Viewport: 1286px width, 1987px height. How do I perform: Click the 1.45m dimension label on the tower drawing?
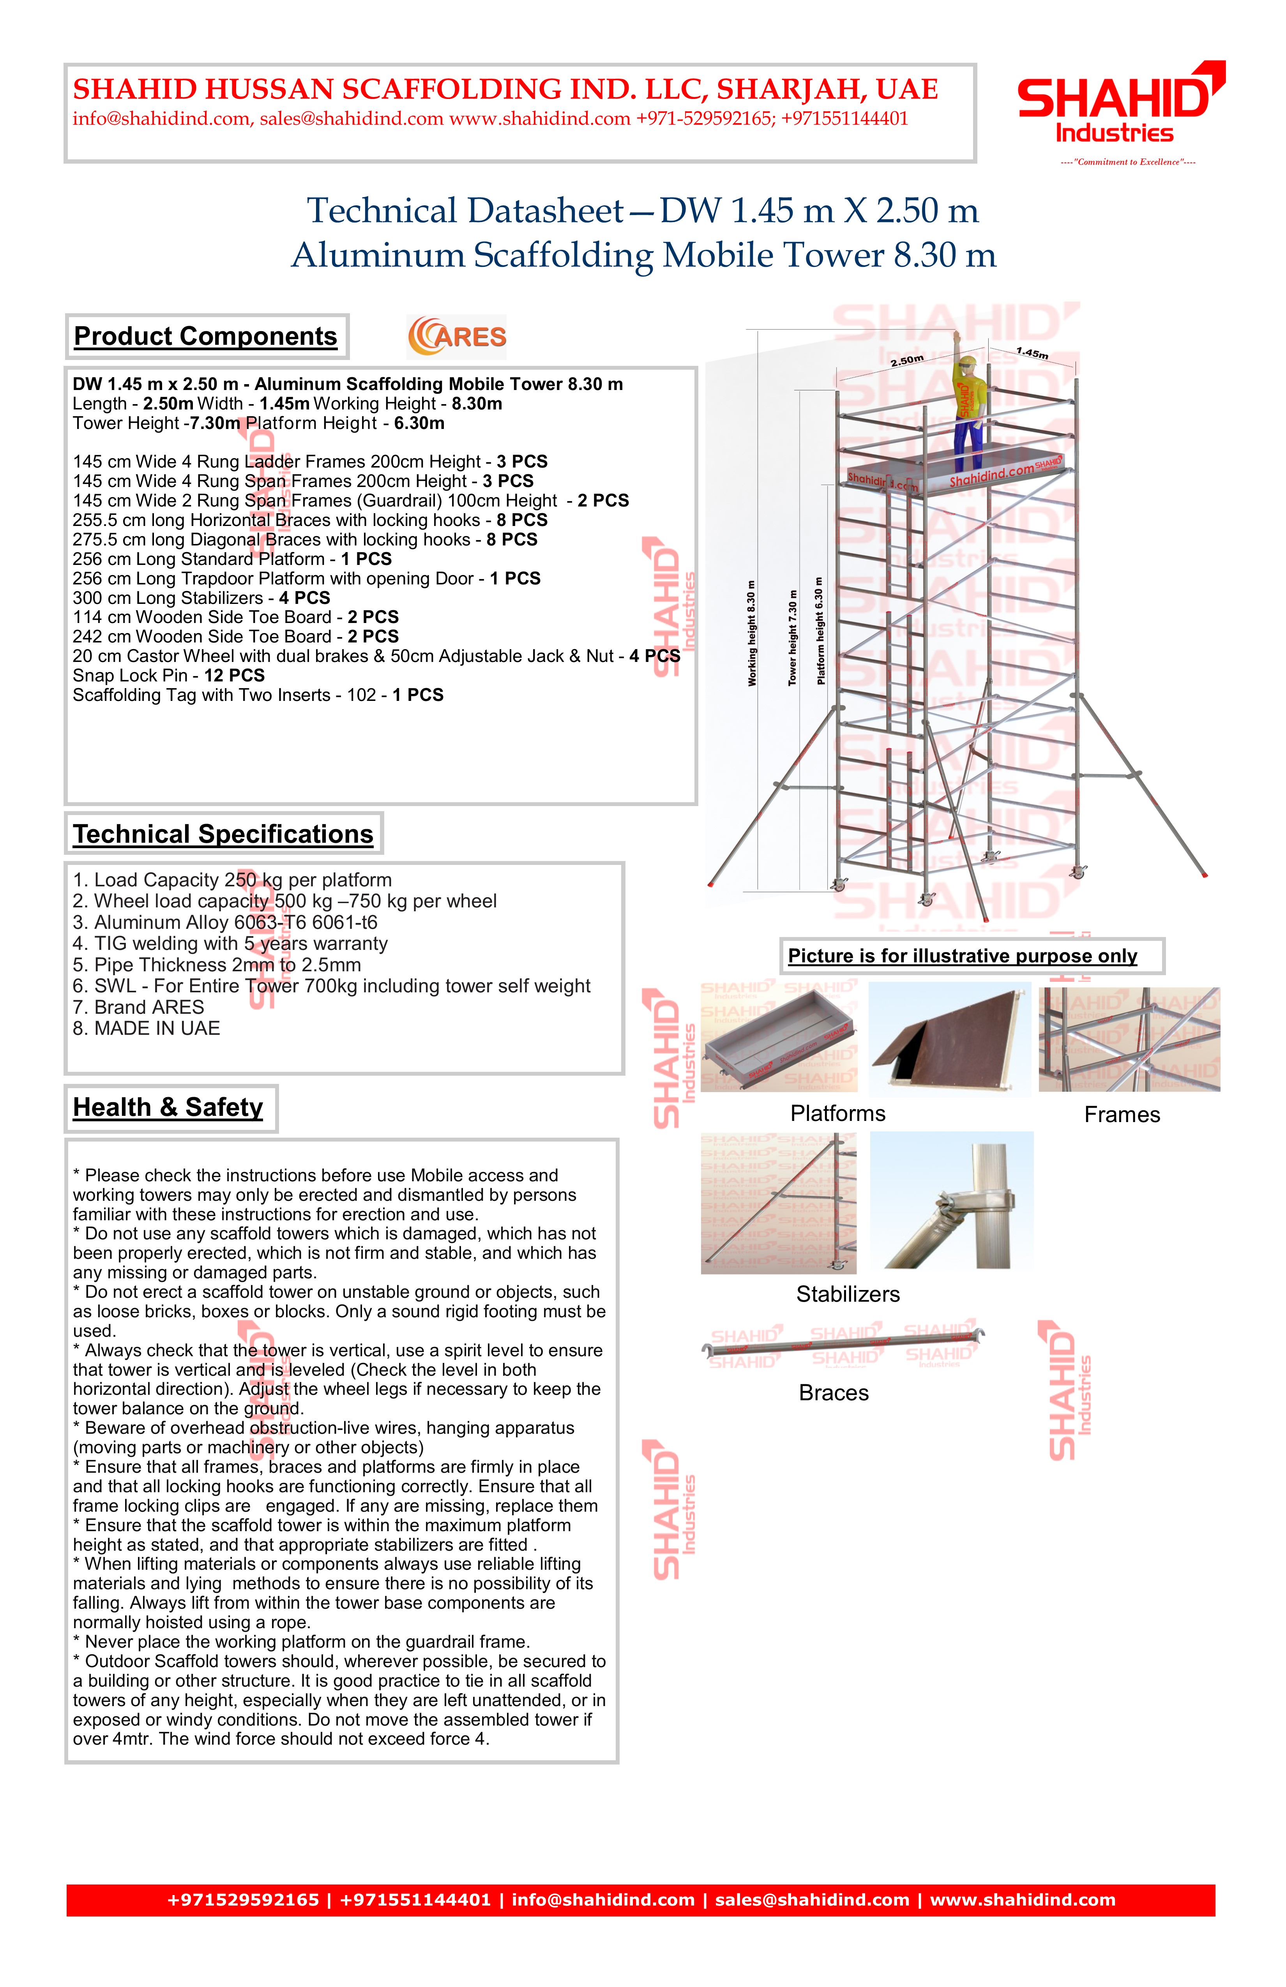(1032, 353)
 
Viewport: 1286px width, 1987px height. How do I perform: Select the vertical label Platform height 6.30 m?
(820, 631)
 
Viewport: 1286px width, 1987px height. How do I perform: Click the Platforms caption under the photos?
(837, 1114)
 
